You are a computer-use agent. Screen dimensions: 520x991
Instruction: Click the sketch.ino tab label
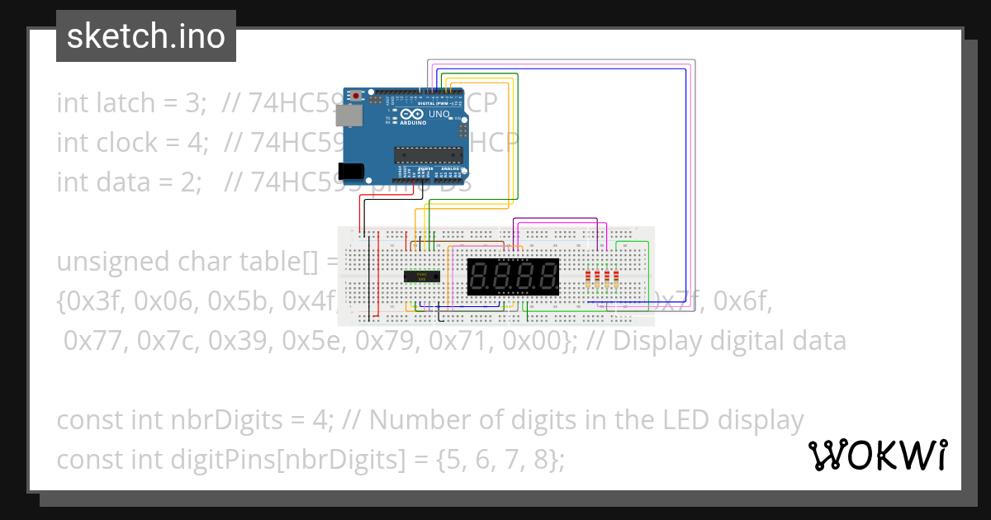145,36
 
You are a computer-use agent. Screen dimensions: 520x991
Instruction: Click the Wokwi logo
877,455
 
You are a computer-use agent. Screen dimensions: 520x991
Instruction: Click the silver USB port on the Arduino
353,116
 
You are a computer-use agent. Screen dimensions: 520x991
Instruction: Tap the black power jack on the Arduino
353,171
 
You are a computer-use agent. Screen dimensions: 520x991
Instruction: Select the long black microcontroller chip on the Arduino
428,152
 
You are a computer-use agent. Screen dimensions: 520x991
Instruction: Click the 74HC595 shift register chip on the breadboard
422,277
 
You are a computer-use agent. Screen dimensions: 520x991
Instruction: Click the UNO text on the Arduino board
439,115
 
